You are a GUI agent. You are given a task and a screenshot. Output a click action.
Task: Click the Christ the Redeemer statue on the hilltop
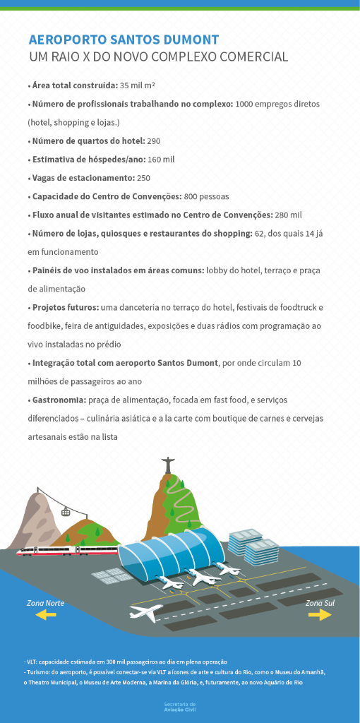(169, 466)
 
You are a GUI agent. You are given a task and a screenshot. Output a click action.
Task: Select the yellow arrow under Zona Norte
(47, 616)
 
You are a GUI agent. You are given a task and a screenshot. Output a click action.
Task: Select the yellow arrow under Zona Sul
(320, 615)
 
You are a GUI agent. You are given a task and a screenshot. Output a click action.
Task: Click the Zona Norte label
(46, 603)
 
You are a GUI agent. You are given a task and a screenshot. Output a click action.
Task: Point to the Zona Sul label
(320, 603)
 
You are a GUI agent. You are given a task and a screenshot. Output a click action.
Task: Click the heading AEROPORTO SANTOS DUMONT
(124, 40)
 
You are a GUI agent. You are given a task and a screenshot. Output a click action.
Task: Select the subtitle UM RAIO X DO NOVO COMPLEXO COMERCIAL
(158, 57)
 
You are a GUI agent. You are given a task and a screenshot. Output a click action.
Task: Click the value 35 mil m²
(138, 85)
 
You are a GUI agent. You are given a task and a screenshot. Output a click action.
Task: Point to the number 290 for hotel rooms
(154, 141)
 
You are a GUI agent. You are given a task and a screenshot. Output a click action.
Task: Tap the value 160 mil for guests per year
(162, 160)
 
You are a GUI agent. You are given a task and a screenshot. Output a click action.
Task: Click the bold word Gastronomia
(59, 400)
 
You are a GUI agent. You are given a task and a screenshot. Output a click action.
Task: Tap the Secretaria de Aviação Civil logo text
(179, 707)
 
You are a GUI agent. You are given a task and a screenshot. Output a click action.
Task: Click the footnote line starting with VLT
(126, 662)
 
